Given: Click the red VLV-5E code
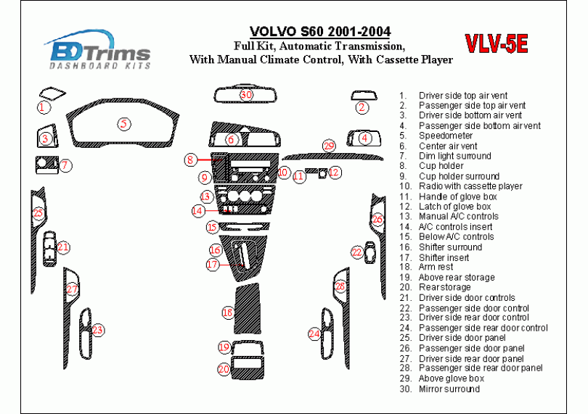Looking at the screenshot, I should (497, 45).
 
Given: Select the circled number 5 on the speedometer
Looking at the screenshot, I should (125, 124).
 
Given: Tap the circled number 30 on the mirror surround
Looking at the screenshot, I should (246, 95).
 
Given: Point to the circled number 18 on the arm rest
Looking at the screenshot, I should (228, 312).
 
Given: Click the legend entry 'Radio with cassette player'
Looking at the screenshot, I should (470, 186).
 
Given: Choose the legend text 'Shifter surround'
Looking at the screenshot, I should (450, 247).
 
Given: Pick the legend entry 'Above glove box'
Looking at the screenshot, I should (451, 378).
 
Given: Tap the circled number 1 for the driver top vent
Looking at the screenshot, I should (44, 107).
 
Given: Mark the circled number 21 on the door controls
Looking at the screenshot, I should (64, 247).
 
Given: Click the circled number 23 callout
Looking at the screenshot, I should (97, 330).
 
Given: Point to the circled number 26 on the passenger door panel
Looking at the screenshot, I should (377, 219).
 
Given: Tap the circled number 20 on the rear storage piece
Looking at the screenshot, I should (224, 369).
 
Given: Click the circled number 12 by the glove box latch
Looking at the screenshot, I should (334, 173).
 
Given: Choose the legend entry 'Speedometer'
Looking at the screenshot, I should (445, 136).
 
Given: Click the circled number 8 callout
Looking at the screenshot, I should (190, 160).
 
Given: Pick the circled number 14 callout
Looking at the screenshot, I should (198, 211).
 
